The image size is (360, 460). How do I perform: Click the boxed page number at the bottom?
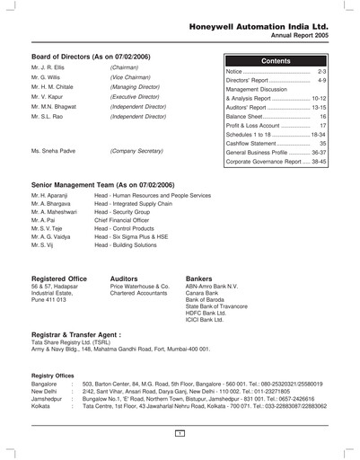[180, 434]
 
